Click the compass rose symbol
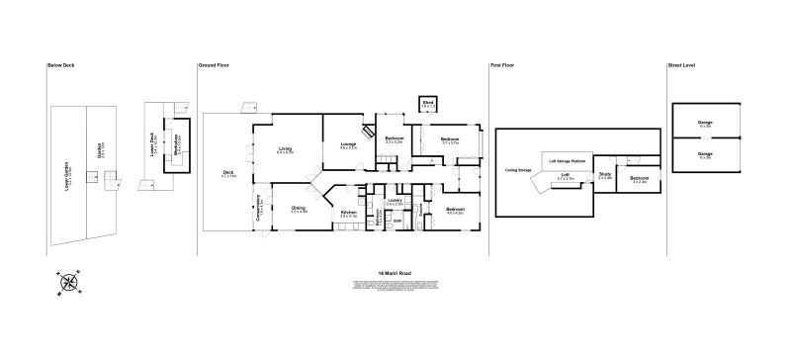[x=68, y=282]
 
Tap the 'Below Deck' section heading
[x=60, y=65]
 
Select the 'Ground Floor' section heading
[x=214, y=65]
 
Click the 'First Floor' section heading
[x=502, y=65]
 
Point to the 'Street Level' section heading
[x=681, y=65]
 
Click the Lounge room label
[x=348, y=146]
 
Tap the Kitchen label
[x=348, y=213]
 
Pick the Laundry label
[x=394, y=202]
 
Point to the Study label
[x=605, y=176]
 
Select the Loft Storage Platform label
[x=566, y=158]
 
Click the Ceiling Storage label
[x=518, y=169]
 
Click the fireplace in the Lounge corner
[x=365, y=130]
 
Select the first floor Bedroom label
[x=639, y=179]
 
